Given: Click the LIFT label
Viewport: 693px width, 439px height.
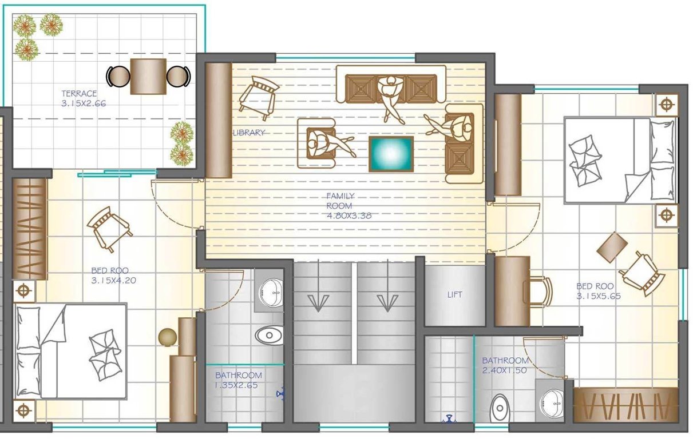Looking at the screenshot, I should (x=454, y=295).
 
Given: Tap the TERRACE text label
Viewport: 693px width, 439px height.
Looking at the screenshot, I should (x=80, y=93).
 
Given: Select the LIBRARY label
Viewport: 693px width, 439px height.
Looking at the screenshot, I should (x=249, y=133).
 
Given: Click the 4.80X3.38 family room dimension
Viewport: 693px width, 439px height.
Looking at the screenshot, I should (x=348, y=215).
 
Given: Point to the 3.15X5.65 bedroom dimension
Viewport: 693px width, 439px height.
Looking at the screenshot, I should (x=599, y=296).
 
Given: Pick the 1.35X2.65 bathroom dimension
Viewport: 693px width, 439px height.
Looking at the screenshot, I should (x=239, y=385).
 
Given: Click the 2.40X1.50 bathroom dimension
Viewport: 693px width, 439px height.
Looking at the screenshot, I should (x=505, y=370).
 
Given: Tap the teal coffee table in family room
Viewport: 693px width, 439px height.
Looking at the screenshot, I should (x=391, y=154).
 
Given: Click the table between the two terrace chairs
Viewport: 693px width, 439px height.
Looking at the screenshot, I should (x=148, y=76).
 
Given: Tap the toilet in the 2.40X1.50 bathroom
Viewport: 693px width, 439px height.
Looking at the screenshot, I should (x=500, y=407).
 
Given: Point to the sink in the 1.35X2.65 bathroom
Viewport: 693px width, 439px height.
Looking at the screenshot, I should (x=270, y=292).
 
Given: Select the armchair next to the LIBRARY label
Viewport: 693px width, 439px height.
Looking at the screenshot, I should (x=258, y=97).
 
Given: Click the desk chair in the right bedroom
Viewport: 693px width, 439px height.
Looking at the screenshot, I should (x=539, y=290).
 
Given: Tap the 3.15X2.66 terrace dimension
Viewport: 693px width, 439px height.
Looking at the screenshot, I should (x=84, y=103).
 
